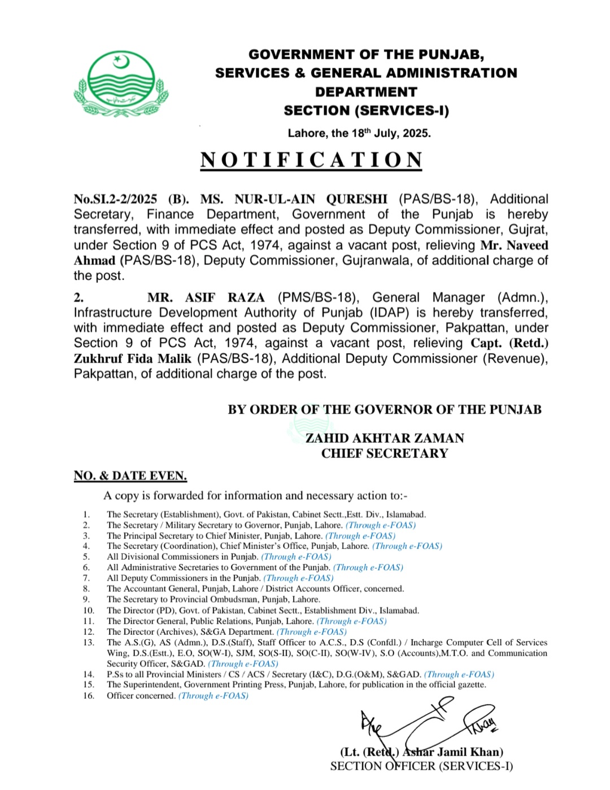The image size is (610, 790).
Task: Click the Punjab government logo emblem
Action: [x=121, y=84]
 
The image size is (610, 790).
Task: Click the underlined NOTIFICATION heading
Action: [x=311, y=160]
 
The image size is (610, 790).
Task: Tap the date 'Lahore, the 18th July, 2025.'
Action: [x=359, y=133]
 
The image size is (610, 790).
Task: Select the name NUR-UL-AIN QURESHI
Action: [x=311, y=199]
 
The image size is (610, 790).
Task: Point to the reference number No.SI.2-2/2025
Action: [x=115, y=199]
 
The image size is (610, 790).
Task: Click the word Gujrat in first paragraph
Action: [x=528, y=230]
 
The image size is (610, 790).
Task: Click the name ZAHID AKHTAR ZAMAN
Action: [x=385, y=438]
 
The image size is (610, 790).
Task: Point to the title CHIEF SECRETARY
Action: [x=385, y=453]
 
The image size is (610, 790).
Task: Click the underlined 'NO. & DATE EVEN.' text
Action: [x=130, y=476]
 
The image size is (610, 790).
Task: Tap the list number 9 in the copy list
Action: [x=86, y=600]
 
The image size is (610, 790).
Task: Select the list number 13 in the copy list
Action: [x=88, y=643]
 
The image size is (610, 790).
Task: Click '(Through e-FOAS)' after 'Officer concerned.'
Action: [x=213, y=696]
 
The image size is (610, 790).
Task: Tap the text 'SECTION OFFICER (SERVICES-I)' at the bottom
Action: [x=421, y=766]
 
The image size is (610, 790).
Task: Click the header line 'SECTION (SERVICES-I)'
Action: [x=366, y=111]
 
